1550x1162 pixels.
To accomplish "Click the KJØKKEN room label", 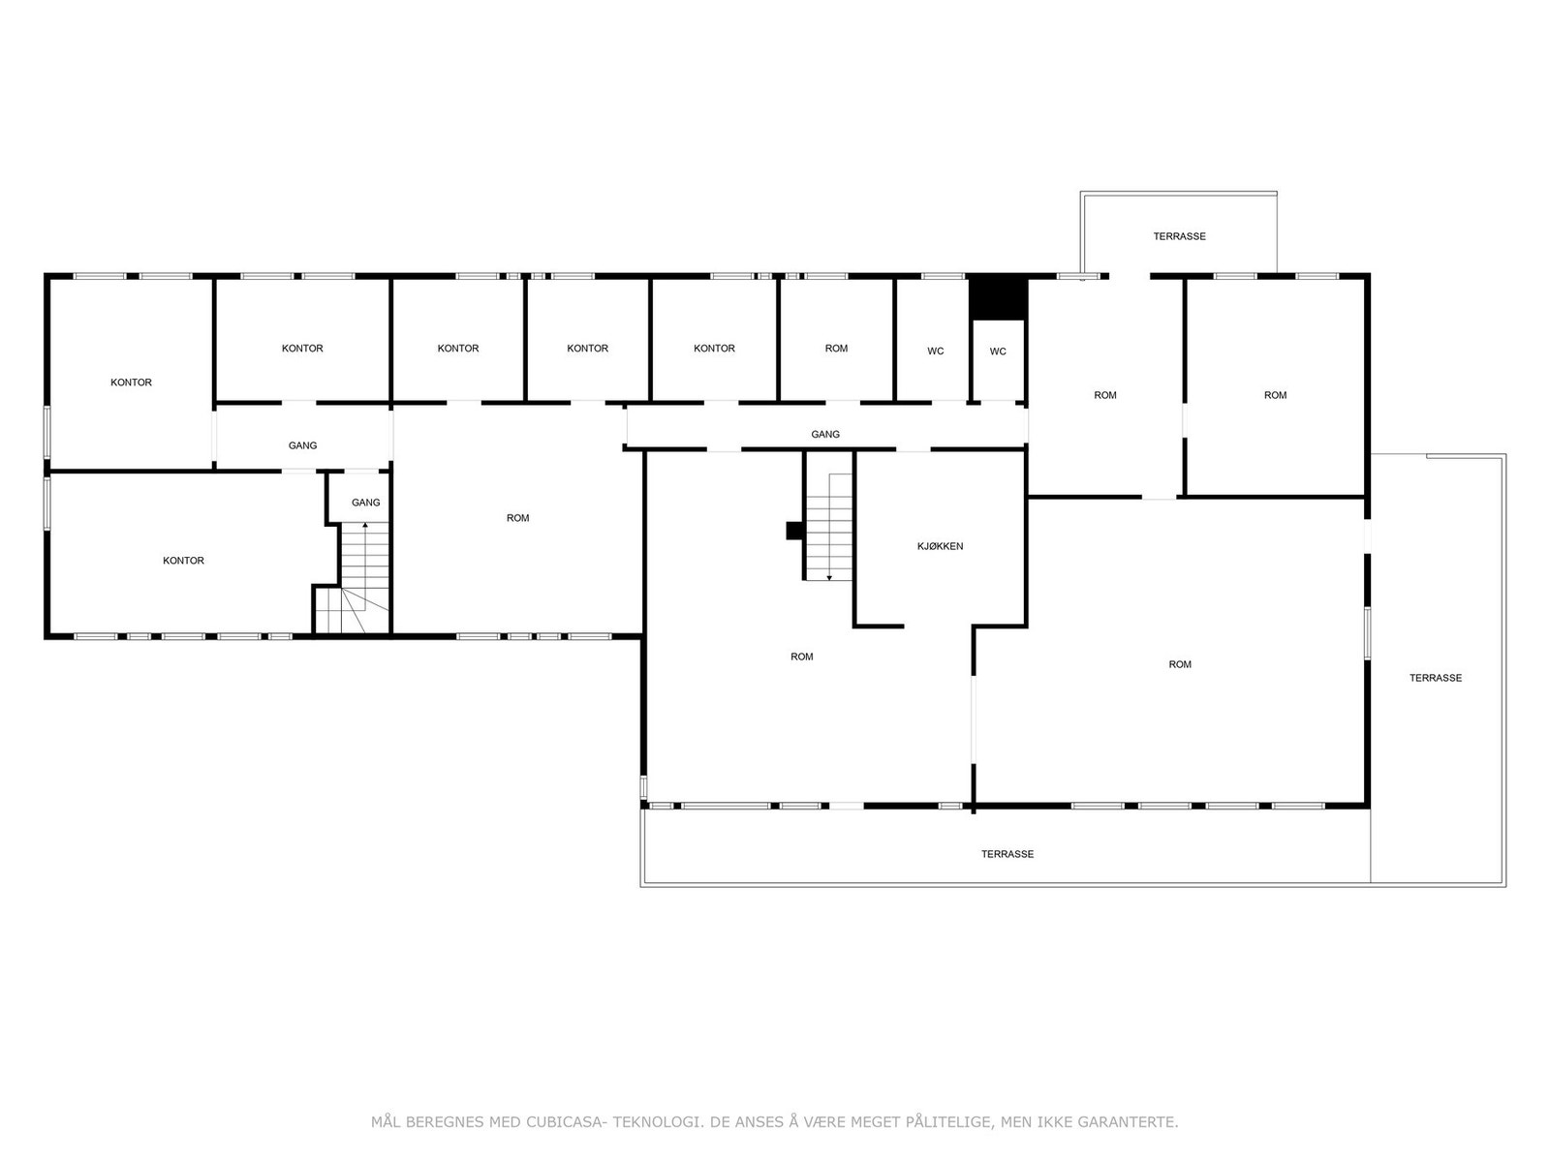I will point(940,546).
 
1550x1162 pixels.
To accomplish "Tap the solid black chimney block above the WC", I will point(998,297).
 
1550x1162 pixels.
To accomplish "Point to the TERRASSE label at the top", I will point(1179,236).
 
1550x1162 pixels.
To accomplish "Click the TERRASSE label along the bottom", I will point(1007,854).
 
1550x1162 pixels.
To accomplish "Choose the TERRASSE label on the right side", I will point(1435,678).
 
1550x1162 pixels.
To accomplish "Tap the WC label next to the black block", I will point(998,352).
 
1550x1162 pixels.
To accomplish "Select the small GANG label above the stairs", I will point(365,503).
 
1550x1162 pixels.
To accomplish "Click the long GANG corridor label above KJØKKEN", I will point(825,435).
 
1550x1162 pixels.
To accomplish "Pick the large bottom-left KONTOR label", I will point(183,561).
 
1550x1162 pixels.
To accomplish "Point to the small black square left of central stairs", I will point(794,531).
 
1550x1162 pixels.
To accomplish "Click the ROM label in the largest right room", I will point(1179,664).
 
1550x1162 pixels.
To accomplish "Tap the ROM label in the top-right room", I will point(1275,395).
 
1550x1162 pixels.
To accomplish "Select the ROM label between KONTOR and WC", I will point(836,349).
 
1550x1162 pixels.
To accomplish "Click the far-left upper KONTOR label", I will point(131,382).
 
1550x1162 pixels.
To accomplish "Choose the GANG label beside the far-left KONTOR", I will point(302,445).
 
